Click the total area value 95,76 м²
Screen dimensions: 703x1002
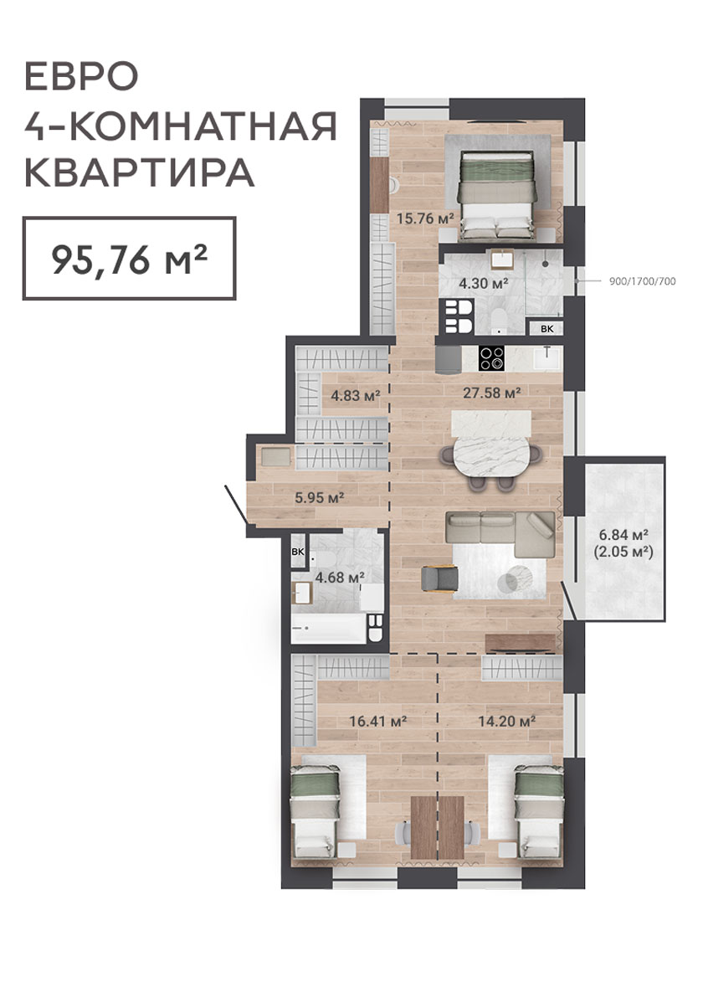coord(129,259)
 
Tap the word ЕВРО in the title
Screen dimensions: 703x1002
coord(81,77)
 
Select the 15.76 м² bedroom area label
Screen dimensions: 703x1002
coord(425,218)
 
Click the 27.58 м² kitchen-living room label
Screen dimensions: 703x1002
coord(491,393)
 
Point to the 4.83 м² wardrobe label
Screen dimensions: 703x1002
coord(356,396)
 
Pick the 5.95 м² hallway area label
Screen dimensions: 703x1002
coord(320,496)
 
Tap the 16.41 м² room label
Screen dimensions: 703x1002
coord(378,722)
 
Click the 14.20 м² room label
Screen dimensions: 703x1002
coord(507,722)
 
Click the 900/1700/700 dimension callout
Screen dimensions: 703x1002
coord(642,281)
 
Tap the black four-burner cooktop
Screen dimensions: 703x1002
coord(491,358)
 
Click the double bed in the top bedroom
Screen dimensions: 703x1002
coord(497,195)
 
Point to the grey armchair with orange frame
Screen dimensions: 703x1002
coord(439,578)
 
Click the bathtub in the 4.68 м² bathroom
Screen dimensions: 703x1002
coord(329,629)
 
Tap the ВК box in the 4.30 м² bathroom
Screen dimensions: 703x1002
coord(547,328)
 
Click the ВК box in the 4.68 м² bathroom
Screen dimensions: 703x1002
coord(298,553)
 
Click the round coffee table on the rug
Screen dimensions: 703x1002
coord(519,578)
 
